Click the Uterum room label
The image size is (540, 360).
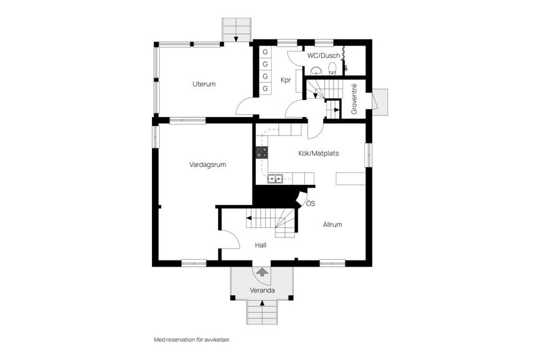click(204, 84)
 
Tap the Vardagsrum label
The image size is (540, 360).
click(208, 165)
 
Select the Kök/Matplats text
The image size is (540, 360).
click(318, 152)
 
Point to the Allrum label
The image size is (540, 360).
click(332, 224)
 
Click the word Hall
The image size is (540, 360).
click(260, 245)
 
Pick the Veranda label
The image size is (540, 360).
click(262, 291)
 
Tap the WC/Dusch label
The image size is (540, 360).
click(323, 56)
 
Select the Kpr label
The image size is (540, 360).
click(286, 80)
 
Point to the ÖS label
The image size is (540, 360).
click(310, 203)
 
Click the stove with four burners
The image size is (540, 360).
click(262, 152)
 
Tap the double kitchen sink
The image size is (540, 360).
click(275, 179)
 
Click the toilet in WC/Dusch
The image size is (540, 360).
click(332, 69)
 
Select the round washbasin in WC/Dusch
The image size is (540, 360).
click(317, 71)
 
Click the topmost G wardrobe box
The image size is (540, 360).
click(265, 52)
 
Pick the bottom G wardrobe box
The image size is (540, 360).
click(265, 89)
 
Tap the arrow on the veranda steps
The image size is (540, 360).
click(262, 304)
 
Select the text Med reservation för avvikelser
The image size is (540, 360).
click(192, 340)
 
